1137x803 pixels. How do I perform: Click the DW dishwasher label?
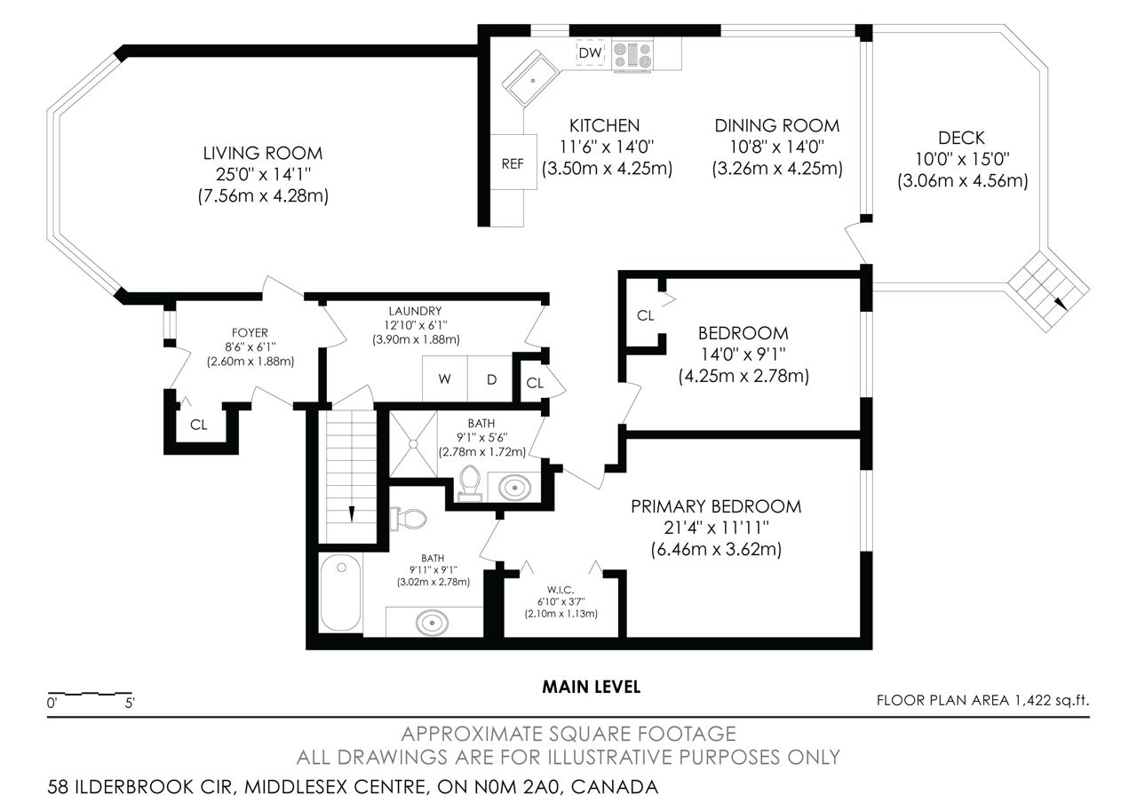pyautogui.click(x=590, y=52)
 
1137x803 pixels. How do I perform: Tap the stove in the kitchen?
pyautogui.click(x=632, y=55)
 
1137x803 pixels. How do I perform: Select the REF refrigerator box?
pyautogui.click(x=513, y=162)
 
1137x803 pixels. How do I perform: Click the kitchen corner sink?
pyautogui.click(x=531, y=79)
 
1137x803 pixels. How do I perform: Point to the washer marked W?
pyautogui.click(x=445, y=378)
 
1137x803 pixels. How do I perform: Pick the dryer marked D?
pyautogui.click(x=490, y=378)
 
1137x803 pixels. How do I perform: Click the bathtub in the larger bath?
pyautogui.click(x=340, y=592)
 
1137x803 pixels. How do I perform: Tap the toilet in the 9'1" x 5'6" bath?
pyautogui.click(x=470, y=482)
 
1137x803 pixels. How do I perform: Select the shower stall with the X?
pyautogui.click(x=413, y=443)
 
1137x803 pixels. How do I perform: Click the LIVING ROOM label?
pyautogui.click(x=263, y=154)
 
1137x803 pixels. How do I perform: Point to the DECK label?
pyautogui.click(x=961, y=138)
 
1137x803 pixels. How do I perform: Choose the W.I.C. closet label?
pyautogui.click(x=561, y=590)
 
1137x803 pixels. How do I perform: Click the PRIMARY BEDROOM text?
pyautogui.click(x=716, y=506)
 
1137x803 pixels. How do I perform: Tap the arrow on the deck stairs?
pyautogui.click(x=1060, y=303)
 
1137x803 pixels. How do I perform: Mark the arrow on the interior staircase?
pyautogui.click(x=351, y=513)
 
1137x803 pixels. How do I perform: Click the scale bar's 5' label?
pyautogui.click(x=130, y=703)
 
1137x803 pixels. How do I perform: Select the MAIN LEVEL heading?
pyautogui.click(x=592, y=688)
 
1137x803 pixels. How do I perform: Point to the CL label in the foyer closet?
pyautogui.click(x=198, y=425)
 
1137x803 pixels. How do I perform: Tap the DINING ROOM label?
pyautogui.click(x=776, y=126)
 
